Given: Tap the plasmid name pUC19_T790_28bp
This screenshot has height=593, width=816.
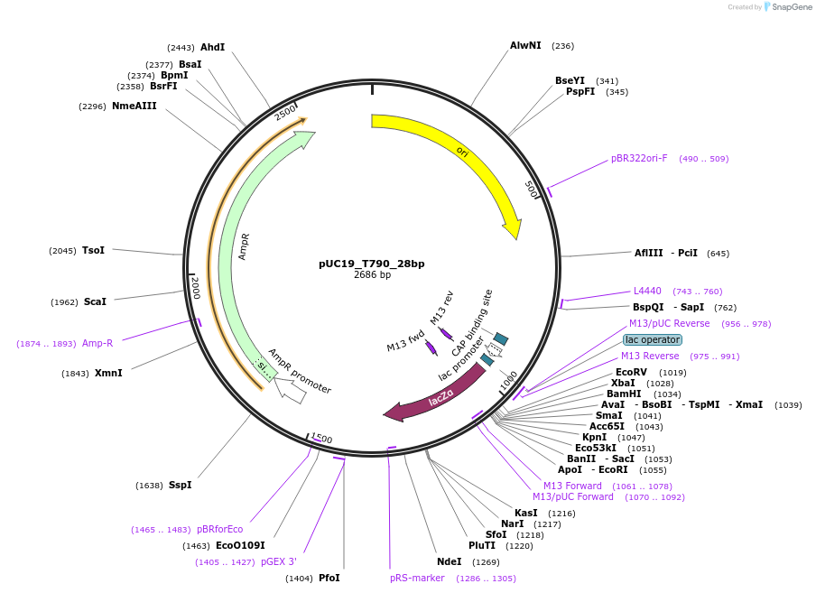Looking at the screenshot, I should pyautogui.click(x=371, y=264).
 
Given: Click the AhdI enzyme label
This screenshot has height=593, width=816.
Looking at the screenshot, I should pyautogui.click(x=213, y=47).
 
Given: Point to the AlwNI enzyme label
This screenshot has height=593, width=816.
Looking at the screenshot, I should pyautogui.click(x=525, y=45).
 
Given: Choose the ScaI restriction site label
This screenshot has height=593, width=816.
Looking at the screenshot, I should pyautogui.click(x=95, y=302).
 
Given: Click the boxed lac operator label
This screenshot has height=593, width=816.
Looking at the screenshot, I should pyautogui.click(x=652, y=339).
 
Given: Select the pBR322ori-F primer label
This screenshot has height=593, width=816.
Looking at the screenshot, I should pyautogui.click(x=639, y=158).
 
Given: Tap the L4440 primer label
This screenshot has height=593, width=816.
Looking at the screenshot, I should pyautogui.click(x=647, y=291).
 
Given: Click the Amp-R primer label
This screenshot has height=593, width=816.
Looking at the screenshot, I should pyautogui.click(x=97, y=343).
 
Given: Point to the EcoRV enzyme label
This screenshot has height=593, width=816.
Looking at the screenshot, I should pyautogui.click(x=631, y=372).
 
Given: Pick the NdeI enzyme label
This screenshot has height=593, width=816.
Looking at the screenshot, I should pyautogui.click(x=449, y=561).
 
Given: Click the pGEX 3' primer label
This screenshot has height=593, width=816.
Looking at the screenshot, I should pyautogui.click(x=279, y=561).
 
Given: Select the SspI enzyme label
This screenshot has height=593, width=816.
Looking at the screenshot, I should pyautogui.click(x=180, y=485).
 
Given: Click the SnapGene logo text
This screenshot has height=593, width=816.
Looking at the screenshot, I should pyautogui.click(x=793, y=7).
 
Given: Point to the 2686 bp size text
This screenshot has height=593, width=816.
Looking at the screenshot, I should pyautogui.click(x=372, y=275).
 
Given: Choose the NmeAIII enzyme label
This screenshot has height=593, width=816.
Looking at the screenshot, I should pyautogui.click(x=134, y=106).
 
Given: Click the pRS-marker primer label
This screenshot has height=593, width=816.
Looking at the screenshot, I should pyautogui.click(x=417, y=578).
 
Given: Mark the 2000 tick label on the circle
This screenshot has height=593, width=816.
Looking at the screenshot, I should pyautogui.click(x=195, y=288).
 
